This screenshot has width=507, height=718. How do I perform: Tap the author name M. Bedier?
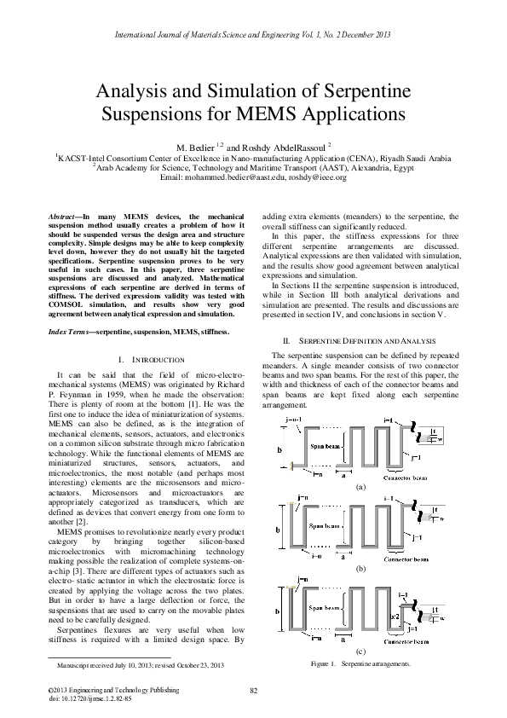point(195,146)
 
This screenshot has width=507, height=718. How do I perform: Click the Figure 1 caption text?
point(360,663)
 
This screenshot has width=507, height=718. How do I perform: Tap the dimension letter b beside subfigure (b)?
point(278,529)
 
